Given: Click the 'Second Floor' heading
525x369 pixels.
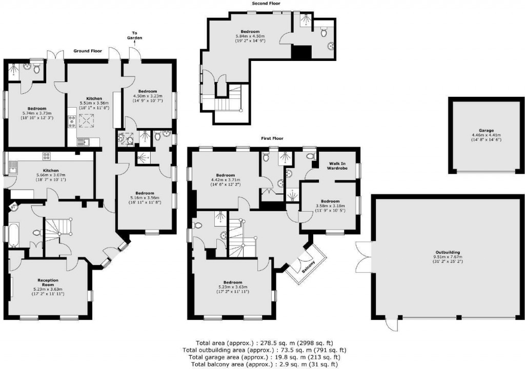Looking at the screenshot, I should click(x=265, y=4).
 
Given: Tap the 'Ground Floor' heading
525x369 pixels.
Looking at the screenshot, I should click(x=88, y=51).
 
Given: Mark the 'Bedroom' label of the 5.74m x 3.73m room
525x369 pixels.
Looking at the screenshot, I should click(x=37, y=109).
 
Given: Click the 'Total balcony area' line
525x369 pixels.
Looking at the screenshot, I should click(x=265, y=364).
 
